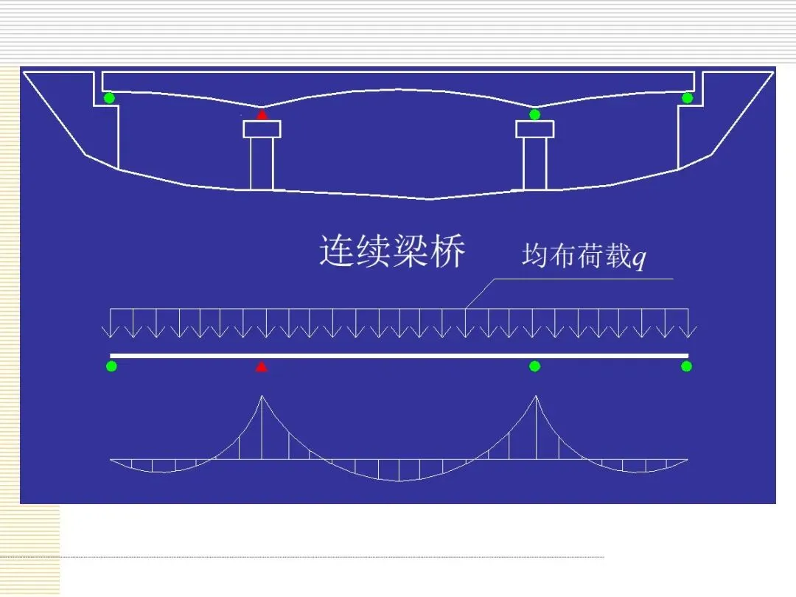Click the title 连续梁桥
point(392,251)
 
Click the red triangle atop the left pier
point(262,114)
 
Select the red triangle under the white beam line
point(261,366)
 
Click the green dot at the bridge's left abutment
point(109,98)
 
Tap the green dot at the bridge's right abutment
point(687,98)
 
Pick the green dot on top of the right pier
point(535,114)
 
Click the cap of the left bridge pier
point(262,129)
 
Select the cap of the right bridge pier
point(535,129)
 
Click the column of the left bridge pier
point(262,163)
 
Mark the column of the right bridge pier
point(535,163)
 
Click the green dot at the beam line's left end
point(111,366)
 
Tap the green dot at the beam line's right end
point(686,366)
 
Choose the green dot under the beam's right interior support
point(535,366)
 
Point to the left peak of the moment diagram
point(262,398)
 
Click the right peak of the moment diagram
point(536,398)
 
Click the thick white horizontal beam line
point(398,355)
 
